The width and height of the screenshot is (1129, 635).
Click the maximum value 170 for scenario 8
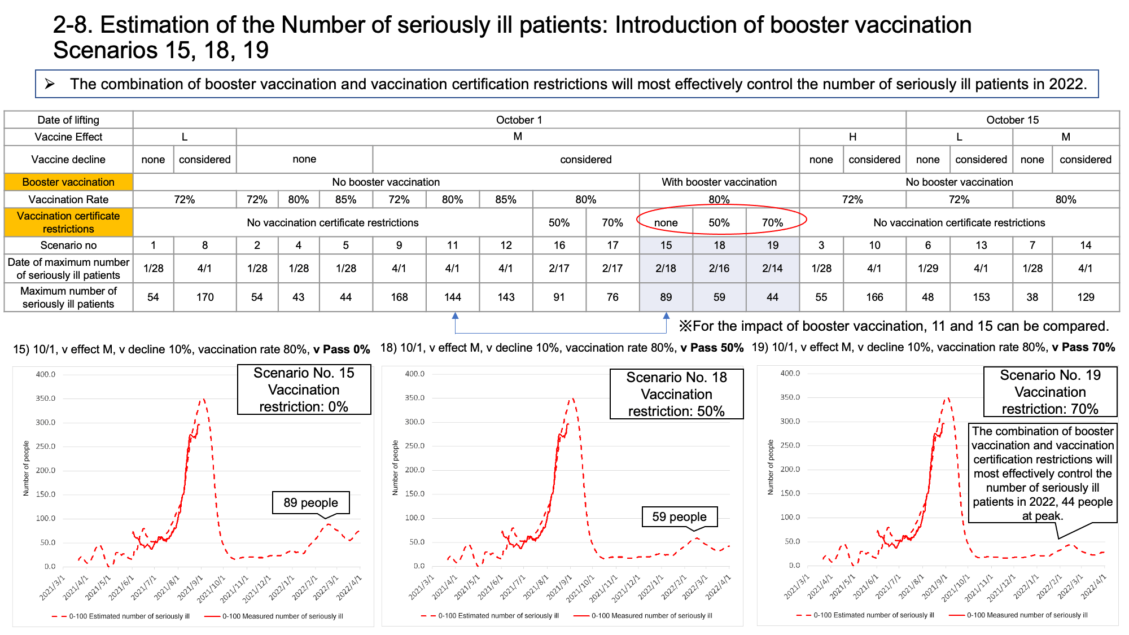point(205,297)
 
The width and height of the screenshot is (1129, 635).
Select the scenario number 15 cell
point(666,245)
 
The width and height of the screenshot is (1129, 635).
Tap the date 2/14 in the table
point(772,268)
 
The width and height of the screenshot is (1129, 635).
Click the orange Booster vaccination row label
point(68,182)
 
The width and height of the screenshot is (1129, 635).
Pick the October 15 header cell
point(1012,120)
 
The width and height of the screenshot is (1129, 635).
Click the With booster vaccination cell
point(719,182)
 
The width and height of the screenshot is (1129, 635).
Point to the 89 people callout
point(311,503)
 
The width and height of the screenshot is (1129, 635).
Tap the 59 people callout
point(680,517)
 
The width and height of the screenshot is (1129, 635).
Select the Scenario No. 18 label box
point(676,394)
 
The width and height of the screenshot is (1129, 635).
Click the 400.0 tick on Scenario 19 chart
point(790,373)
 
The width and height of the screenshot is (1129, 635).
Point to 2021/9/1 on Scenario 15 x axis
point(190,587)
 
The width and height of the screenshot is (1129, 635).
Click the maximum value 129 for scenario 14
point(1086,297)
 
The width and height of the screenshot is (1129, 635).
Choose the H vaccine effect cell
point(852,137)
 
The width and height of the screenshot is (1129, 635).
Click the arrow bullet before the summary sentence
point(50,84)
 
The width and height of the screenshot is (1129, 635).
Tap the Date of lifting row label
point(68,120)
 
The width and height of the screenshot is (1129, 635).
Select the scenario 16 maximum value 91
point(559,297)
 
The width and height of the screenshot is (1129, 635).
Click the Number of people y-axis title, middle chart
point(395,468)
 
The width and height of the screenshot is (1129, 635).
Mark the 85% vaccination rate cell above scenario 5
point(345,199)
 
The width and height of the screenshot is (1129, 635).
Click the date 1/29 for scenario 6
point(928,268)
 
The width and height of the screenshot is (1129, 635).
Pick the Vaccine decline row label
point(68,159)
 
